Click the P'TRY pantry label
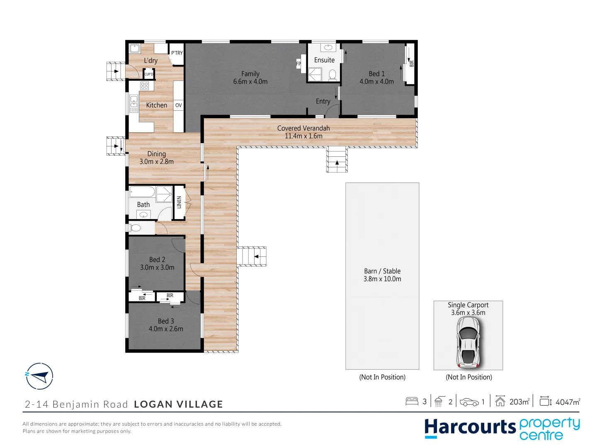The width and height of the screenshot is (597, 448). (177, 53)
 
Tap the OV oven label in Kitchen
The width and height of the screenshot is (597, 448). (178, 105)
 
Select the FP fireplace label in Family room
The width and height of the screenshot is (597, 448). (298, 64)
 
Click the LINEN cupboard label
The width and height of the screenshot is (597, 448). (179, 202)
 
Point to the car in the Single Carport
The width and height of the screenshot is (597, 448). (468, 343)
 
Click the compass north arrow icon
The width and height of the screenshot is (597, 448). (39, 376)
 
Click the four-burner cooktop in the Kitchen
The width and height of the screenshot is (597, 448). (144, 86)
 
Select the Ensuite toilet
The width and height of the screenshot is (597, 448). (332, 75)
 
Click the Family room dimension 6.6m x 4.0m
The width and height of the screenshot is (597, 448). (250, 82)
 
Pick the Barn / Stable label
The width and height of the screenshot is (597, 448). (382, 271)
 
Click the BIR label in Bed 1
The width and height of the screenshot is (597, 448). (412, 64)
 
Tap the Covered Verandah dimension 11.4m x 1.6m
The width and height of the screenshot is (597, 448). (303, 136)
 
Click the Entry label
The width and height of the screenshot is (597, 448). (323, 101)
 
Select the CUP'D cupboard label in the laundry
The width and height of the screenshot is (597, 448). (148, 74)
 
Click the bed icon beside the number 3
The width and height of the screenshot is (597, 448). (412, 401)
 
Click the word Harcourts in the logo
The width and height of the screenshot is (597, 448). (470, 427)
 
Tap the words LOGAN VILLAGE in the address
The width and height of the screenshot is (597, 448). (178, 404)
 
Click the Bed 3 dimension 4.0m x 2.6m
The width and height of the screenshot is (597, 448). (166, 329)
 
